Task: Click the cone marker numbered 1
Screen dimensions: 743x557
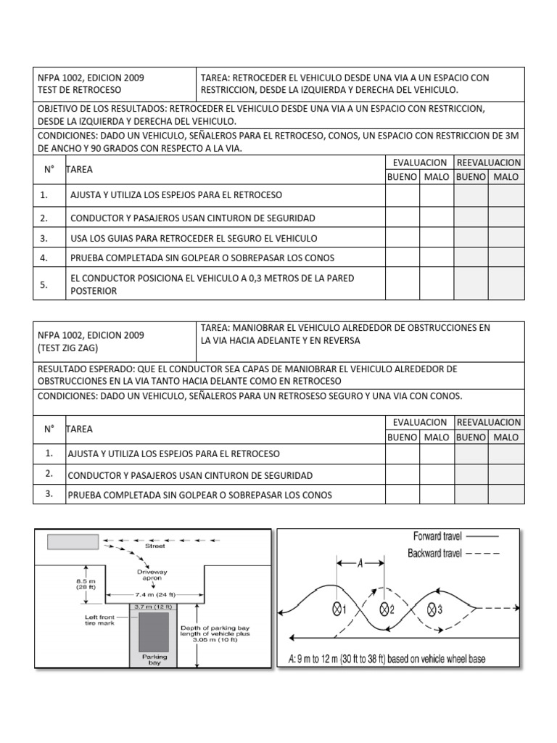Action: tap(337, 609)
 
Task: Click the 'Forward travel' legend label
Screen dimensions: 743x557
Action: tap(437, 536)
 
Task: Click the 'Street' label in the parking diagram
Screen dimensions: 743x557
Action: tap(155, 546)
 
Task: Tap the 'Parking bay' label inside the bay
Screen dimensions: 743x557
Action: tap(154, 660)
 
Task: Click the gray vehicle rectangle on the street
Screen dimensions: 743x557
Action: tap(73, 541)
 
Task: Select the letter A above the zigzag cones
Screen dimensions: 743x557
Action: tap(361, 562)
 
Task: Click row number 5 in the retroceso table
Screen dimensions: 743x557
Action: tap(44, 285)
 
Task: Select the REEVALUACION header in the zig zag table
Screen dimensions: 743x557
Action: tap(489, 422)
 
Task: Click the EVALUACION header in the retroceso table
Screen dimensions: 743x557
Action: tap(419, 163)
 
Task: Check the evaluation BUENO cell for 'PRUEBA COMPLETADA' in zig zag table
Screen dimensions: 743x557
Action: tap(402, 495)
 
